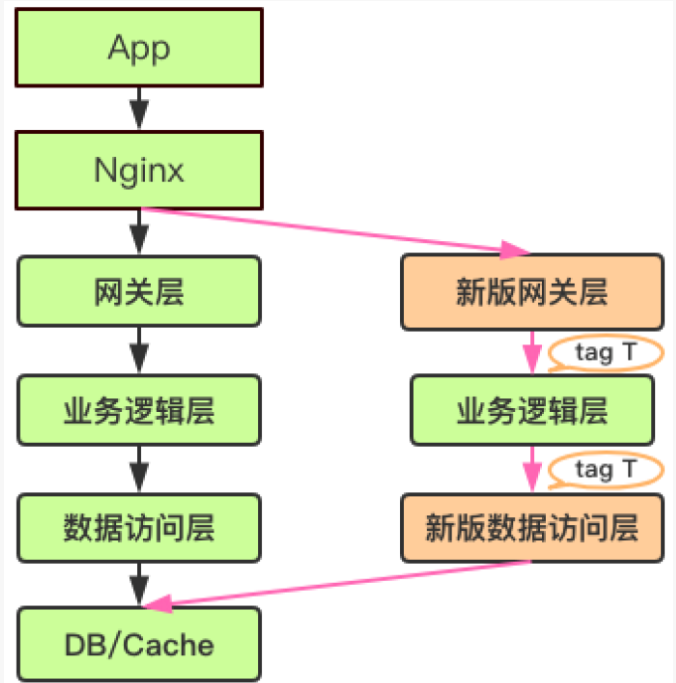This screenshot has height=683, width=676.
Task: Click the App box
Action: point(139,47)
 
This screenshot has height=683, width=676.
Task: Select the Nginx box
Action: point(139,170)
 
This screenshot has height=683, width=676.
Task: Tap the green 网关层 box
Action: point(139,292)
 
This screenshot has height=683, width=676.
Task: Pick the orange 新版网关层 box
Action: point(531,292)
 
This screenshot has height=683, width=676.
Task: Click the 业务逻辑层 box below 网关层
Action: point(139,410)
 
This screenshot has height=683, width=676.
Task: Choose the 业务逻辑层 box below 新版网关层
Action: point(531,410)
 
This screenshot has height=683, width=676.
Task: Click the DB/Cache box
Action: point(139,644)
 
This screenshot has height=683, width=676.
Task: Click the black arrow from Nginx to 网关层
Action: point(139,232)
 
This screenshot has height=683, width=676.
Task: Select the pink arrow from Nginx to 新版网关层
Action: point(338,230)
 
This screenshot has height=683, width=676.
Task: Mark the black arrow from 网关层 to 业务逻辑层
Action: point(139,350)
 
